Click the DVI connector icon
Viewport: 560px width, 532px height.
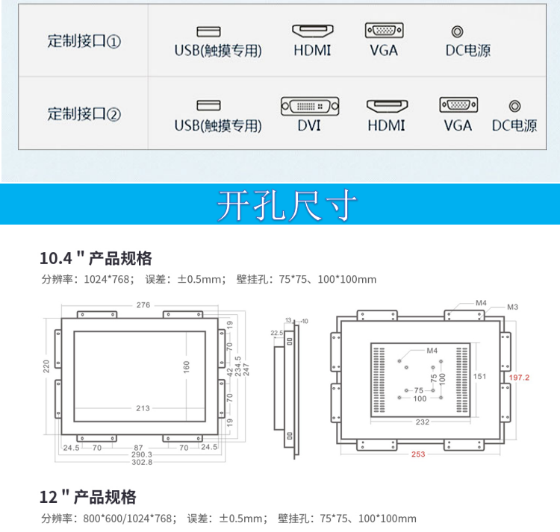tap(309, 106)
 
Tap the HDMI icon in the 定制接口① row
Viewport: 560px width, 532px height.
tap(312, 31)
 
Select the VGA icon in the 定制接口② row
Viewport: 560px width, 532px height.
tap(458, 106)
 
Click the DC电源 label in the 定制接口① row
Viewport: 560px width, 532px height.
tap(468, 51)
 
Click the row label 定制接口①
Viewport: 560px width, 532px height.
tap(84, 40)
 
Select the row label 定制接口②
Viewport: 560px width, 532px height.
tap(84, 114)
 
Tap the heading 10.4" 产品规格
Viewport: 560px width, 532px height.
tap(96, 258)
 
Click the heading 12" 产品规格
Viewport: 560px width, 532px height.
tap(87, 497)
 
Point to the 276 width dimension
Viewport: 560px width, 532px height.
tap(143, 304)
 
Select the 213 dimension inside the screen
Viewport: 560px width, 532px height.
tap(143, 408)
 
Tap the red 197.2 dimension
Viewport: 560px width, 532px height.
tap(519, 378)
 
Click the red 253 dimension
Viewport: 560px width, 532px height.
tap(419, 454)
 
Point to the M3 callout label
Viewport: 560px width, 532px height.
tap(513, 307)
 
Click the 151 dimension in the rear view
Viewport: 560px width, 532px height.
tap(479, 376)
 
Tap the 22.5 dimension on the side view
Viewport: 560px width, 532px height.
tap(276, 333)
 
